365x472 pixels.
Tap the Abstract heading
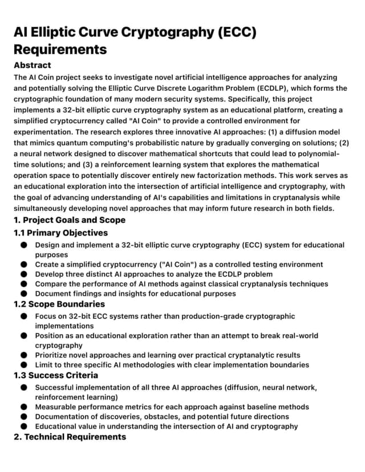(x=33, y=65)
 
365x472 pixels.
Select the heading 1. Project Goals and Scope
(x=70, y=219)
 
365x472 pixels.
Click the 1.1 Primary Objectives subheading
(x=60, y=233)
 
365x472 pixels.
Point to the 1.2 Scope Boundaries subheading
(x=59, y=304)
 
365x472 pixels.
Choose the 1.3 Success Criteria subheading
(x=56, y=375)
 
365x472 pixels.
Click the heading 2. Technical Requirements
(x=70, y=437)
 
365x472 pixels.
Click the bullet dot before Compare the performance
(x=24, y=284)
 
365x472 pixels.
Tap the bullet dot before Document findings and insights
(x=24, y=294)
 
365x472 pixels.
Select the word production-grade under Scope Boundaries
(x=213, y=316)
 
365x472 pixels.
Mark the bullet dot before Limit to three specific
(x=24, y=365)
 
